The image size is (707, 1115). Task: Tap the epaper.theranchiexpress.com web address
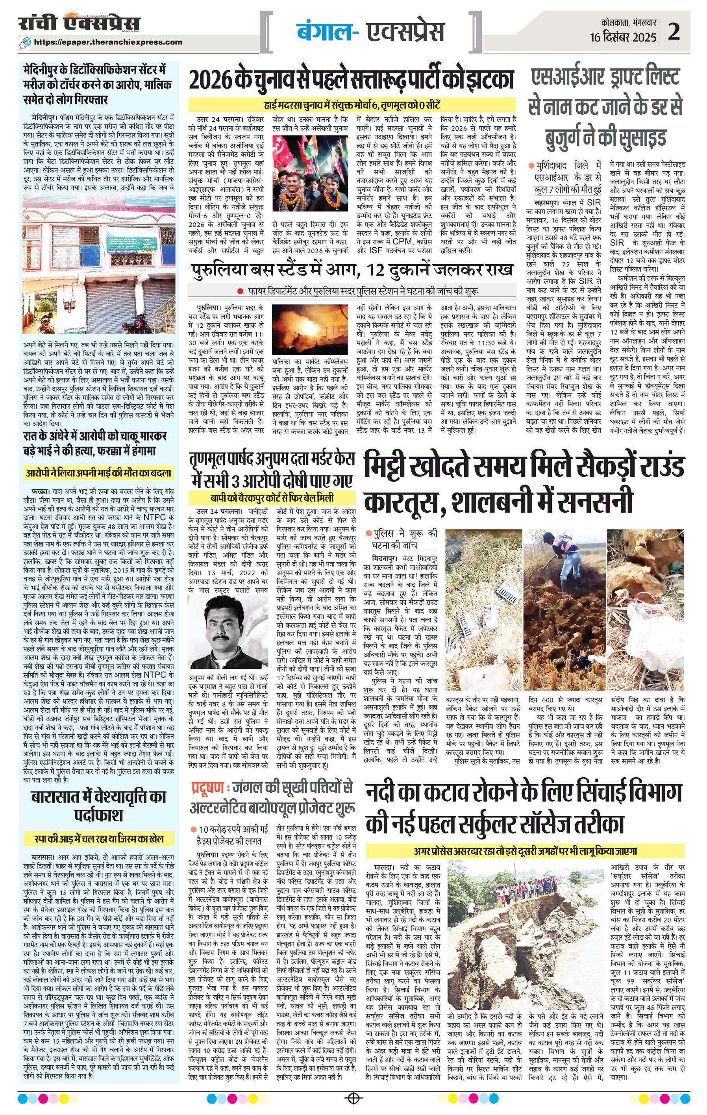(x=108, y=42)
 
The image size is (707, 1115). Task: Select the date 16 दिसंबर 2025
(x=623, y=37)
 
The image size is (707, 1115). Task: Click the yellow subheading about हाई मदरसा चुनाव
(x=352, y=104)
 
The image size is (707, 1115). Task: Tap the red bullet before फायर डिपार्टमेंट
(x=240, y=291)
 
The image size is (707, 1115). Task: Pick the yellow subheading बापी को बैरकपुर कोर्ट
(x=272, y=498)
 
